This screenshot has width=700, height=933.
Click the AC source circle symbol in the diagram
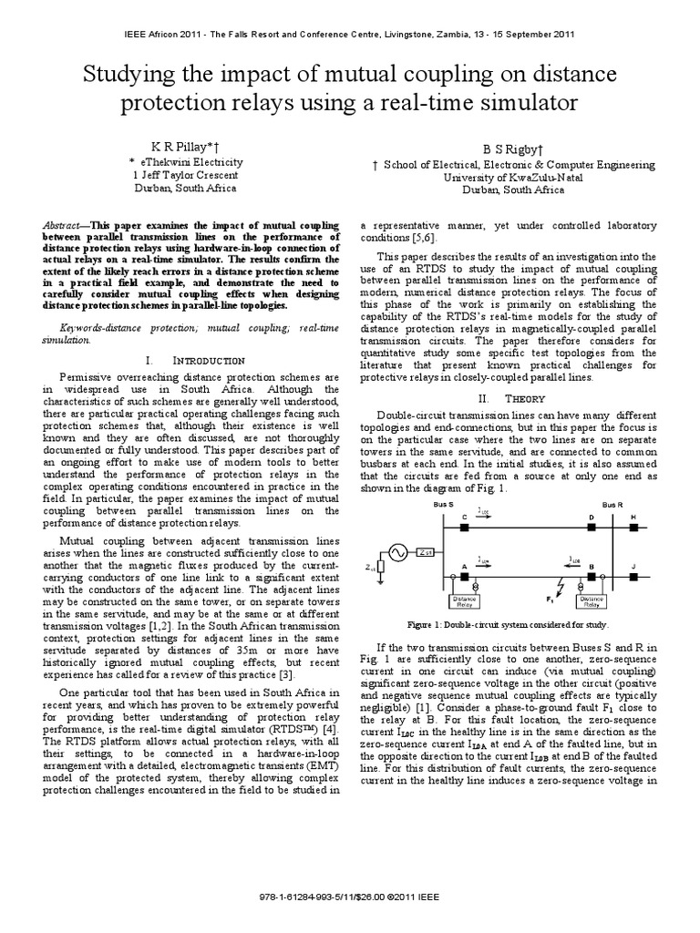pyautogui.click(x=397, y=552)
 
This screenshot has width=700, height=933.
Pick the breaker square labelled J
pyautogui.click(x=635, y=577)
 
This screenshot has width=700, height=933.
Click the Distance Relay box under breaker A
pyautogui.click(x=467, y=600)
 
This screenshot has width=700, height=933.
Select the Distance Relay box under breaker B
pyautogui.click(x=593, y=600)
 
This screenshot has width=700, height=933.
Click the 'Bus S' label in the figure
pyautogui.click(x=444, y=503)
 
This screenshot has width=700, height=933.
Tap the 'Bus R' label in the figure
pyautogui.click(x=613, y=503)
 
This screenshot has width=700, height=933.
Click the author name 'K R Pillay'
pyautogui.click(x=182, y=145)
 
